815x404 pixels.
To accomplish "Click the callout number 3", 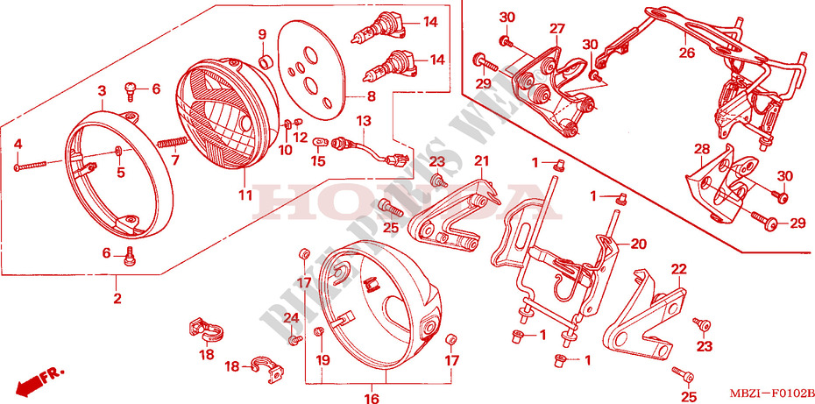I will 101,90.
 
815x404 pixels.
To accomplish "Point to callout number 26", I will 687,53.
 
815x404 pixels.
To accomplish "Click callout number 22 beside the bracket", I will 678,268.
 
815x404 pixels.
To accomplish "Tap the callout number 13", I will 364,119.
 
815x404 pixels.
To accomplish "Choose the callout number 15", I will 318,160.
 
